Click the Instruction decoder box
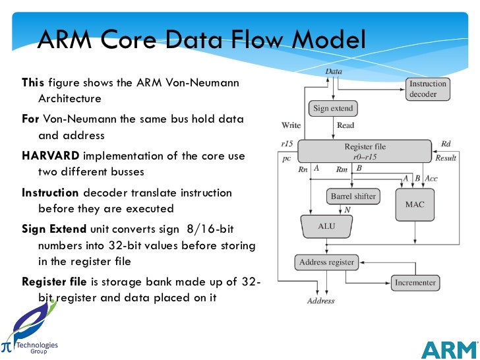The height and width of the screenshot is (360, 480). [428, 90]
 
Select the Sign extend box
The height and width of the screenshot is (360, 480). [333, 108]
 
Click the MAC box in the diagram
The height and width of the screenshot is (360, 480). [415, 204]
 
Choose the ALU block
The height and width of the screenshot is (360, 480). [327, 226]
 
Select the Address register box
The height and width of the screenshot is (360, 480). [326, 262]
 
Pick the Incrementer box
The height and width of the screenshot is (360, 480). [415, 282]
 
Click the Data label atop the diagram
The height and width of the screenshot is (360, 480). [334, 71]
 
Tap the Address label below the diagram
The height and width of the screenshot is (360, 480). [320, 301]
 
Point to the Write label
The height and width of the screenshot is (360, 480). [291, 125]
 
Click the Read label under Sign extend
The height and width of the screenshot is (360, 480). [345, 125]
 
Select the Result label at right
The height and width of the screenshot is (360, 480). [446, 158]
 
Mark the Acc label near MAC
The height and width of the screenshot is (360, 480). [431, 178]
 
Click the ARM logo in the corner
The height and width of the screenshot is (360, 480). [449, 349]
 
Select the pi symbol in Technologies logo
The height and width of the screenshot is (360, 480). [7, 346]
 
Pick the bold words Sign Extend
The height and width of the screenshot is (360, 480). [54, 229]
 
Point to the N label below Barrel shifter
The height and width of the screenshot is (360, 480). [347, 210]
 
